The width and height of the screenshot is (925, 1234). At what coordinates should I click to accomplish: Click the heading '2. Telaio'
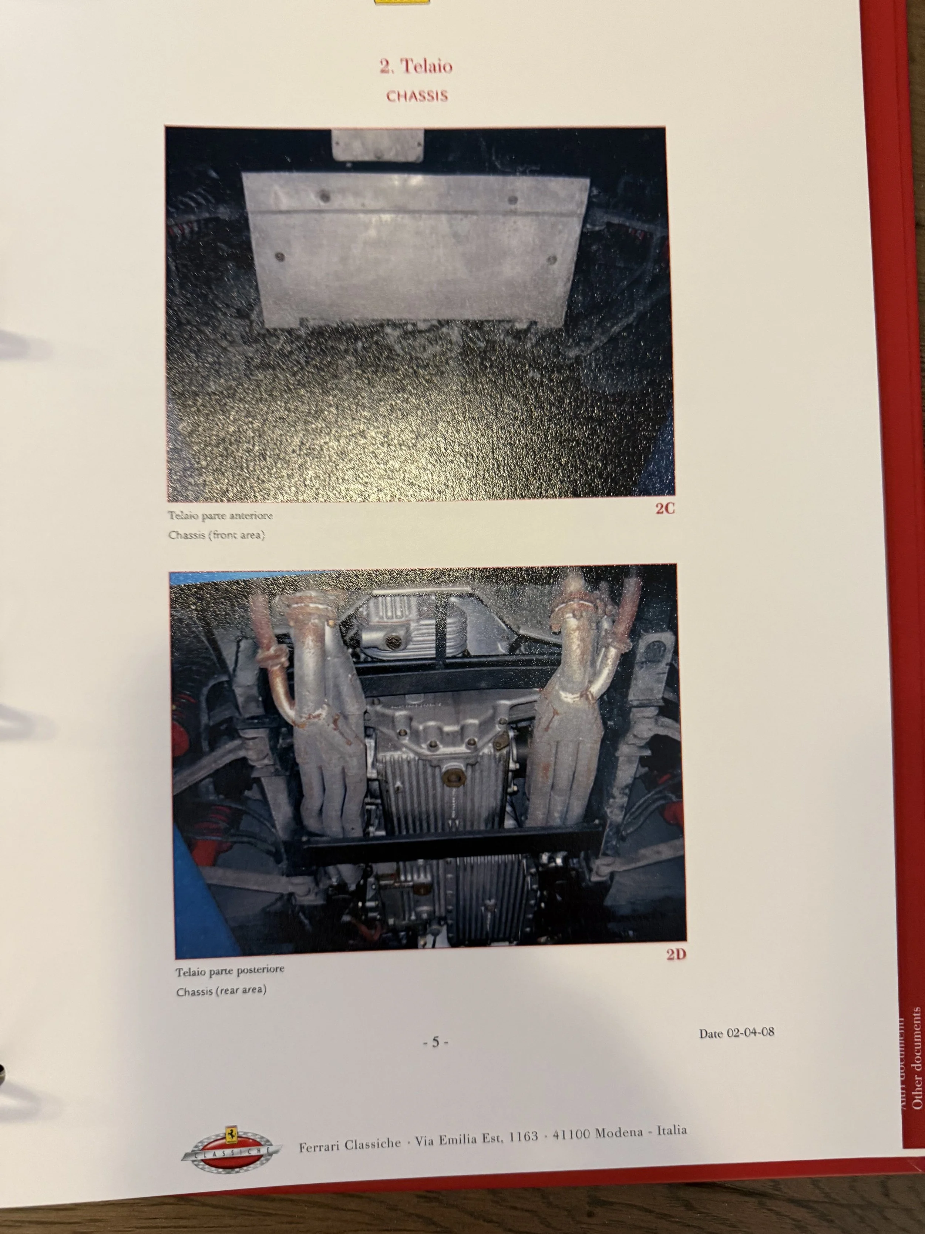coord(416,66)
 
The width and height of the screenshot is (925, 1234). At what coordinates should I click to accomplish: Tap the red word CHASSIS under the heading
coord(417,96)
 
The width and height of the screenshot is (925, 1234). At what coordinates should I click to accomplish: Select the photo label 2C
coord(665,510)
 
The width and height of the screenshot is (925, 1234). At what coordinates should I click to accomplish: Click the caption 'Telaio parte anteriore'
coord(220,515)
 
